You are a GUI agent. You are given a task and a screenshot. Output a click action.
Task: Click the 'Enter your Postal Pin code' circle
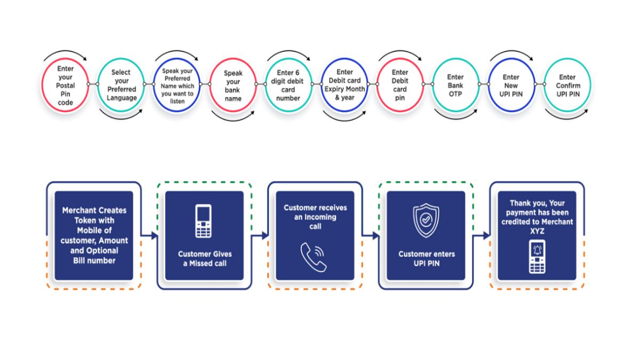(66, 85)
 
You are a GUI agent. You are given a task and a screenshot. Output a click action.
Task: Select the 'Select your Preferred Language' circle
(121, 85)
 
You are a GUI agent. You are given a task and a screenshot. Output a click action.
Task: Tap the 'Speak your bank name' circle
(233, 86)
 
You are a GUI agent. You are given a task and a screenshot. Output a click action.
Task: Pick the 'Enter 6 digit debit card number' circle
(289, 85)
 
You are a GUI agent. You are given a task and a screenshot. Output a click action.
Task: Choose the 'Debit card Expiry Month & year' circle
(345, 85)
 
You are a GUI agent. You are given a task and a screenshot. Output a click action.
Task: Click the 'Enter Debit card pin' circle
(400, 85)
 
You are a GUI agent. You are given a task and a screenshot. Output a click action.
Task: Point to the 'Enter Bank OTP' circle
(455, 85)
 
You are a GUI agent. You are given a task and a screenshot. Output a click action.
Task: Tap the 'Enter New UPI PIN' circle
(511, 85)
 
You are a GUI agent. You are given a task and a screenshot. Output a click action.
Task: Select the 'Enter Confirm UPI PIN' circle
(567, 85)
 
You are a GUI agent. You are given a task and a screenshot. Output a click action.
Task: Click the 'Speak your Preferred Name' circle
(177, 85)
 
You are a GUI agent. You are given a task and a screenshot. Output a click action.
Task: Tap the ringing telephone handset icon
(314, 258)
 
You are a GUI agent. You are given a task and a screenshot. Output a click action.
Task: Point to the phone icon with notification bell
(537, 256)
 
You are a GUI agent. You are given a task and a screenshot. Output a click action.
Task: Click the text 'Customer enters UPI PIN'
(426, 259)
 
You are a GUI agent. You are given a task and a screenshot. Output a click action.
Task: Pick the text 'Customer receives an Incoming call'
(315, 217)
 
